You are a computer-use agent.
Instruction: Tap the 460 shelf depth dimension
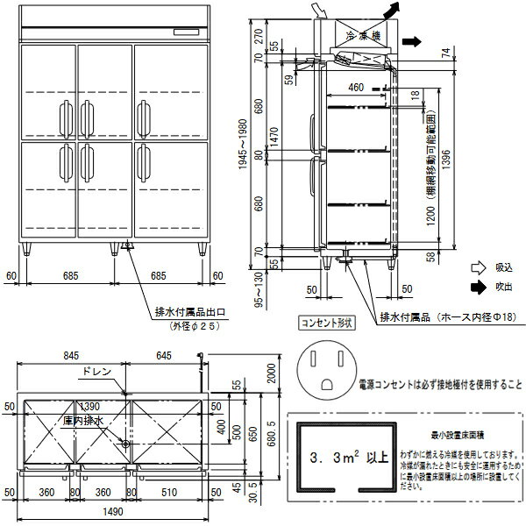pyautogui.click(x=355, y=87)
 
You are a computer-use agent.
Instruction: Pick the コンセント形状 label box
pyautogui.click(x=325, y=323)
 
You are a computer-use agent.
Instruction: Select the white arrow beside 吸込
pyautogui.click(x=478, y=267)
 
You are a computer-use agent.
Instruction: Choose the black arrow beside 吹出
pyautogui.click(x=478, y=285)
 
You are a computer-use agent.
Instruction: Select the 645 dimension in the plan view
pyautogui.click(x=167, y=356)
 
